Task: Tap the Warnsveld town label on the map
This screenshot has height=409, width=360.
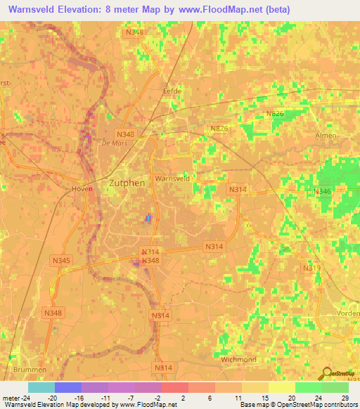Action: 172,179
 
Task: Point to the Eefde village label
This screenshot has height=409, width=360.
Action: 172,91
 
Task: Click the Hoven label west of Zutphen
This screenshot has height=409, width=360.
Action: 82,189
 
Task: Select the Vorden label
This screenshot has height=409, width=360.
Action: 349,313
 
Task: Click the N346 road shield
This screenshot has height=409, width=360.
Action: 322,191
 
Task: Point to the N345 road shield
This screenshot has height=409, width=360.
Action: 61,261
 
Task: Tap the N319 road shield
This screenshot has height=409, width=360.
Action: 311,268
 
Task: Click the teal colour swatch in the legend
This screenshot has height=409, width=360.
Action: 41,387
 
